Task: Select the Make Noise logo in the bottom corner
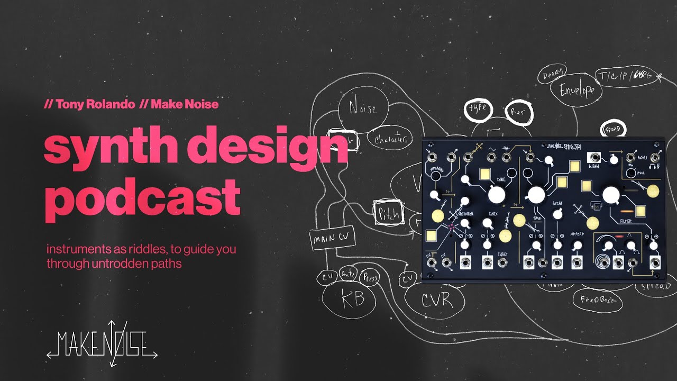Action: [102, 344]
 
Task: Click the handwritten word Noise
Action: [362, 108]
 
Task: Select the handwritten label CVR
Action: [437, 301]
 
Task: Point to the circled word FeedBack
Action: [597, 300]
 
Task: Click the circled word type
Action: [478, 110]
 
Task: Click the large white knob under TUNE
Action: [497, 195]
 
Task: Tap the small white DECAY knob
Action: [557, 214]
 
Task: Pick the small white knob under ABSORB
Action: [578, 245]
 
